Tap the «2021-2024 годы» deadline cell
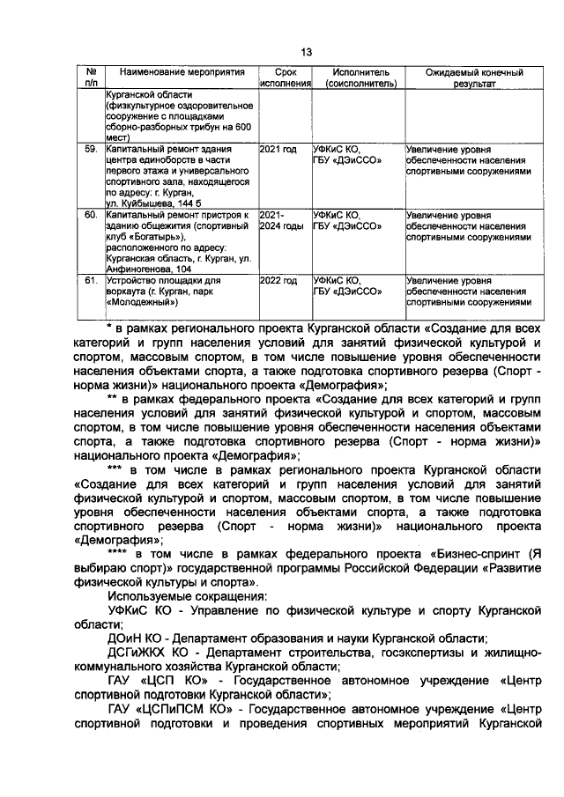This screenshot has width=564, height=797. [280, 220]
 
